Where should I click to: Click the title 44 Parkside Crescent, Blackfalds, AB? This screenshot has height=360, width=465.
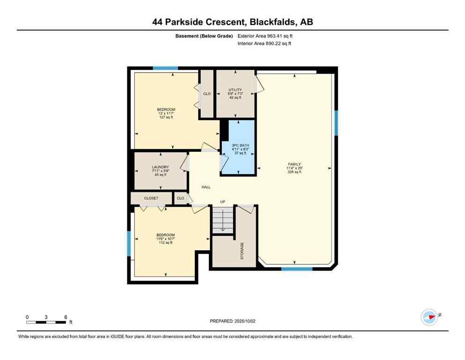pyautogui.click(x=232, y=22)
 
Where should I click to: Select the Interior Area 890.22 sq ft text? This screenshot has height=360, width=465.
pyautogui.click(x=265, y=44)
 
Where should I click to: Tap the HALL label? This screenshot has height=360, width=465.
pyautogui.click(x=206, y=187)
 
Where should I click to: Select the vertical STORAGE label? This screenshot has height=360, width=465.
pyautogui.click(x=242, y=251)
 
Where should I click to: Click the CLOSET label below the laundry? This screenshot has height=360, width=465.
pyautogui.click(x=151, y=198)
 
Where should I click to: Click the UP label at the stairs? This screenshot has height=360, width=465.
pyautogui.click(x=223, y=202)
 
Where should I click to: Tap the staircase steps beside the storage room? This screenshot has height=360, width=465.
pyautogui.click(x=222, y=219)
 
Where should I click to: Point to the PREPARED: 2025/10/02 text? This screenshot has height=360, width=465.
pyautogui.click(x=232, y=321)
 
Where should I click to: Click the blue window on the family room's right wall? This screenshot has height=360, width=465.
pyautogui.click(x=336, y=123)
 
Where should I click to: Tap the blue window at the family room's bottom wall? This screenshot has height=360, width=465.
pyautogui.click(x=296, y=269)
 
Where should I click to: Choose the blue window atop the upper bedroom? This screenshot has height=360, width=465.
pyautogui.click(x=166, y=69)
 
